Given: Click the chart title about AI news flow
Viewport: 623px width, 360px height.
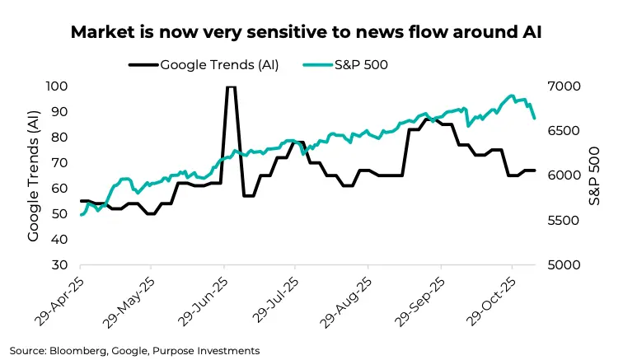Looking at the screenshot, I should coord(311,33).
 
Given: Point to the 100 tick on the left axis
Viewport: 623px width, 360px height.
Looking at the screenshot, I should coord(57,86).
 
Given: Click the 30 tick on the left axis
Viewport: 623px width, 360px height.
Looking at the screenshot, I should coord(59,265).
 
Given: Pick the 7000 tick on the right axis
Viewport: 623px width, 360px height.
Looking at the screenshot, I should coord(565,86).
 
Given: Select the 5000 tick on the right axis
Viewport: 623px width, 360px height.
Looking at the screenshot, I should coord(565,265).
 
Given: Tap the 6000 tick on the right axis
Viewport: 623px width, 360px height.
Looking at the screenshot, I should coord(565,175).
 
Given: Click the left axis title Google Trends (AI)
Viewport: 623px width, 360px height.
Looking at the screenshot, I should coord(34,176).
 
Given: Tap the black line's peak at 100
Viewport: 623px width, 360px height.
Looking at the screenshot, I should coord(232,86).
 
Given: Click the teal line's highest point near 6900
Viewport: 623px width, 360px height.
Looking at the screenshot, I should coord(512,96).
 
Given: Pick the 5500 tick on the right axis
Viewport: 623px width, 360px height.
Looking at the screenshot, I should coord(565,221).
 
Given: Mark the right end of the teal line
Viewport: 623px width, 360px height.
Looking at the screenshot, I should coord(535,119).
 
